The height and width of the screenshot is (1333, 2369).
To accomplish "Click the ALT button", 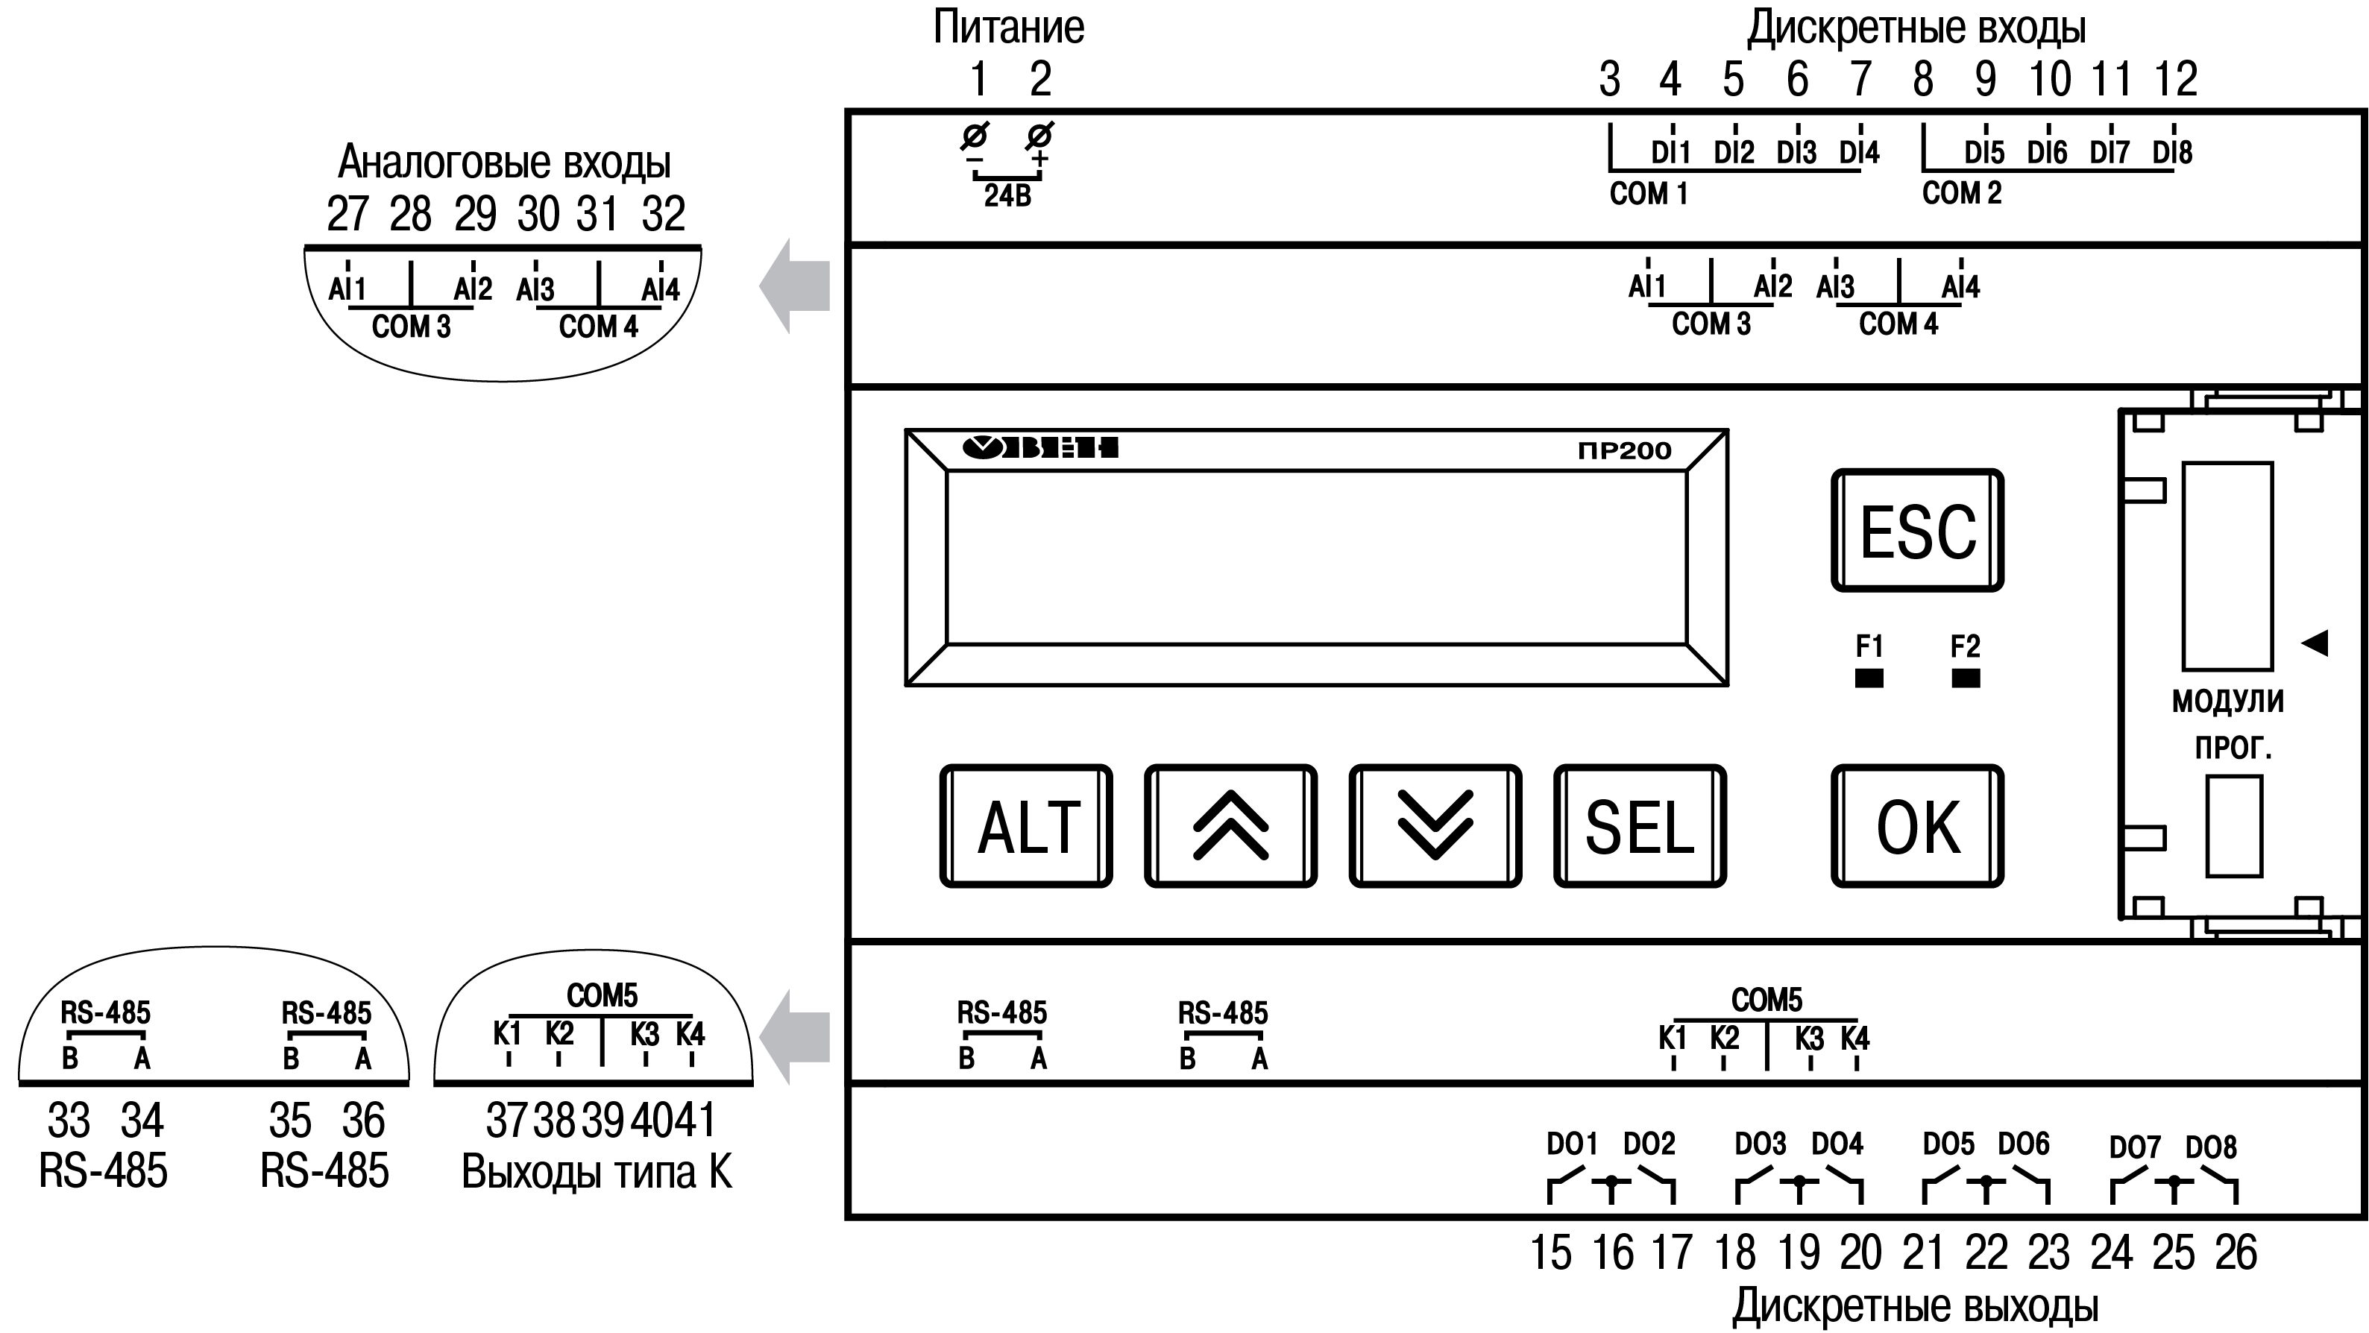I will pyautogui.click(x=1025, y=825).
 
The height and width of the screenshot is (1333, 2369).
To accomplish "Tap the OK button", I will pyautogui.click(x=1916, y=825).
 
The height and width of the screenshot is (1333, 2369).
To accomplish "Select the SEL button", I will pyautogui.click(x=1639, y=825).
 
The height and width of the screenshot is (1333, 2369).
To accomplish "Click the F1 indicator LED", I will pyautogui.click(x=1869, y=678).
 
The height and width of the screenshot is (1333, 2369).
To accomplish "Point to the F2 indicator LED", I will pyautogui.click(x=1966, y=678).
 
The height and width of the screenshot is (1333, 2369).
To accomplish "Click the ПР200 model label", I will pyautogui.click(x=1624, y=450).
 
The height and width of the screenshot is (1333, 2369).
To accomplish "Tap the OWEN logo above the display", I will pyautogui.click(x=1040, y=448).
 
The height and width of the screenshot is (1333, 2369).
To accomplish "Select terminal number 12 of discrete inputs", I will pyautogui.click(x=2176, y=79).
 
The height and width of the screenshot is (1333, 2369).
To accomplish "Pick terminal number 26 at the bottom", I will pyautogui.click(x=2236, y=1252).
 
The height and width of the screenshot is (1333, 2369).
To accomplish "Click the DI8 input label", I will pyautogui.click(x=2172, y=151).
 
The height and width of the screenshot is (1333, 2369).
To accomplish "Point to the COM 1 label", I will pyautogui.click(x=1648, y=194).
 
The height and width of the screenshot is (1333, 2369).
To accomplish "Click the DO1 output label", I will pyautogui.click(x=1572, y=1144).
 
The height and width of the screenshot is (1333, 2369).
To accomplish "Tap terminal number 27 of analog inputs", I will pyautogui.click(x=347, y=214).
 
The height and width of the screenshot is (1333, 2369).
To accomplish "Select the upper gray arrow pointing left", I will pyautogui.click(x=795, y=286).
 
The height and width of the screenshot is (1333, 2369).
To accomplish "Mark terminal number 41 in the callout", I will pyautogui.click(x=697, y=1120).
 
